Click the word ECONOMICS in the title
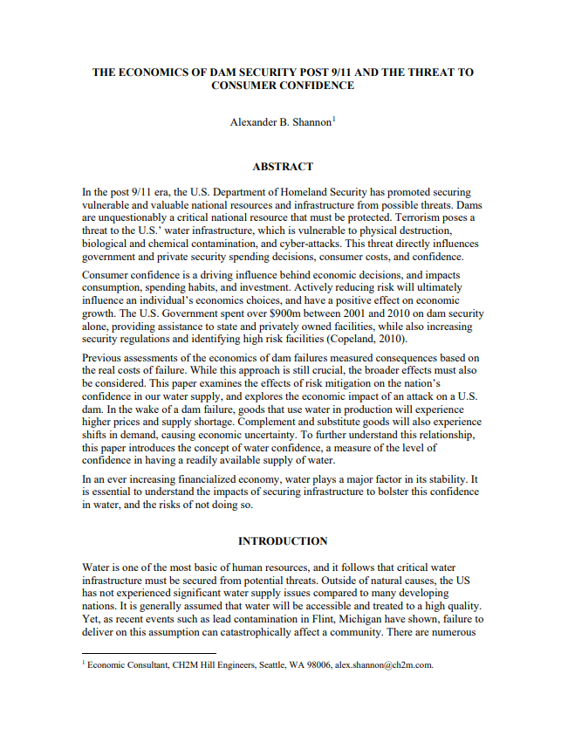click(x=154, y=72)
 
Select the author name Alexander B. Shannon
click(x=280, y=122)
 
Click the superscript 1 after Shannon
click(x=333, y=119)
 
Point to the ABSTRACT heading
click(x=283, y=166)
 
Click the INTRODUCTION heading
click(x=283, y=541)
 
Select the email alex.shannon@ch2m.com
click(x=383, y=664)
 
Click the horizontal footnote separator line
click(x=148, y=652)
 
